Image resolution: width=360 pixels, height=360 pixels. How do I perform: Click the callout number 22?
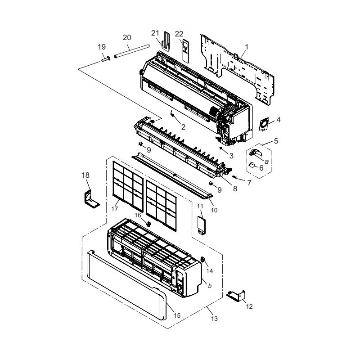pos(179,34)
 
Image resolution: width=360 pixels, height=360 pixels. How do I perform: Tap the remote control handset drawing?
pos(186,50)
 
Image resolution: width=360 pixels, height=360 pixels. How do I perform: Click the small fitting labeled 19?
pos(106,59)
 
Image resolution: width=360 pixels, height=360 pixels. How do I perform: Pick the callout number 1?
pos(247,47)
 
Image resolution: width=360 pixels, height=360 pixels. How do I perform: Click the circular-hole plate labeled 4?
pos(264,124)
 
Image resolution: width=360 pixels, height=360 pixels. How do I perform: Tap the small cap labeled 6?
pos(252,165)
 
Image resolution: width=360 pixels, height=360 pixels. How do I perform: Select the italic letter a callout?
pos(266,162)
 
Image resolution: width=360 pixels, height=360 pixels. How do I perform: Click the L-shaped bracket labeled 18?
pos(91,199)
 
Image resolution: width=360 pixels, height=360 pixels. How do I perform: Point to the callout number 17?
pos(115,209)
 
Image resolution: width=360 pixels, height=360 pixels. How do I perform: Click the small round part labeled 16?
pos(148,223)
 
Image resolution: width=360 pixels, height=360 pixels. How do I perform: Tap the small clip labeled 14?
pos(203,260)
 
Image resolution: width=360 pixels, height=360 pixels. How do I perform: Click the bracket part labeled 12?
pos(236,295)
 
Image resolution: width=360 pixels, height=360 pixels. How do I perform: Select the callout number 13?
pos(214,319)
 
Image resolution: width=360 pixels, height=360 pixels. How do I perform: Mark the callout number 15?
pos(177,315)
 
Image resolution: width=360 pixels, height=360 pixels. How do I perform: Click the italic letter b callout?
pos(210,286)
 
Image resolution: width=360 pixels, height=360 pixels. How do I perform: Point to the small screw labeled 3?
pos(221,148)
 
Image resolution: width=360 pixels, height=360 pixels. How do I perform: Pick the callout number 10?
pos(214,210)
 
